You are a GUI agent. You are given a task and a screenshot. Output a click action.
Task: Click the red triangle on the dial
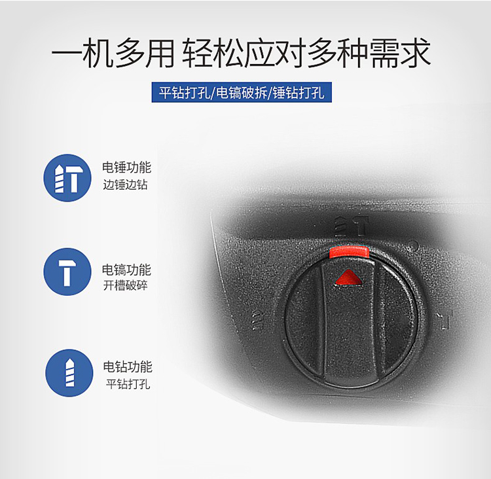(x=348, y=277)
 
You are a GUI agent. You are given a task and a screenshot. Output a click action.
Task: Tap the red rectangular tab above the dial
(x=349, y=252)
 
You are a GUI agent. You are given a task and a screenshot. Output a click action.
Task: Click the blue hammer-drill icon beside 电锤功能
(x=67, y=178)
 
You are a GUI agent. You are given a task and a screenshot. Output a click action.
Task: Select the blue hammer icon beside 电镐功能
(x=67, y=272)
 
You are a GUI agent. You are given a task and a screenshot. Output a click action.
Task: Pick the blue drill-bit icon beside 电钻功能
(x=69, y=373)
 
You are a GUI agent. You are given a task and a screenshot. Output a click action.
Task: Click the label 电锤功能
(x=126, y=168)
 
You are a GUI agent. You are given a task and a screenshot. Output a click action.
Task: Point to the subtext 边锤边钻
(x=125, y=185)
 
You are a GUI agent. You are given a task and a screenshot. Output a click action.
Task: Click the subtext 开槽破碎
(x=125, y=285)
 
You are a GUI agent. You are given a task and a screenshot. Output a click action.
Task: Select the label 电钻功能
(x=128, y=366)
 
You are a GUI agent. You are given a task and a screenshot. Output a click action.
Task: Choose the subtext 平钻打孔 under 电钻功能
(x=128, y=384)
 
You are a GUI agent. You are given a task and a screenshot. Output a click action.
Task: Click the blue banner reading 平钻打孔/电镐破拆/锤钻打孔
(x=242, y=92)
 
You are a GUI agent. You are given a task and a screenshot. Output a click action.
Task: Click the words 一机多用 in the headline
(x=113, y=52)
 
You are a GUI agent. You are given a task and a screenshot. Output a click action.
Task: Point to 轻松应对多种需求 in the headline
(x=306, y=52)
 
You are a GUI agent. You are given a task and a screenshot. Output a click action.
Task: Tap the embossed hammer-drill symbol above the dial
(x=351, y=226)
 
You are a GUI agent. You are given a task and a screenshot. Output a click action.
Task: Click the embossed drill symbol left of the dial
(x=258, y=319)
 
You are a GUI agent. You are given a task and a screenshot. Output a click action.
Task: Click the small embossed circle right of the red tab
(x=414, y=245)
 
